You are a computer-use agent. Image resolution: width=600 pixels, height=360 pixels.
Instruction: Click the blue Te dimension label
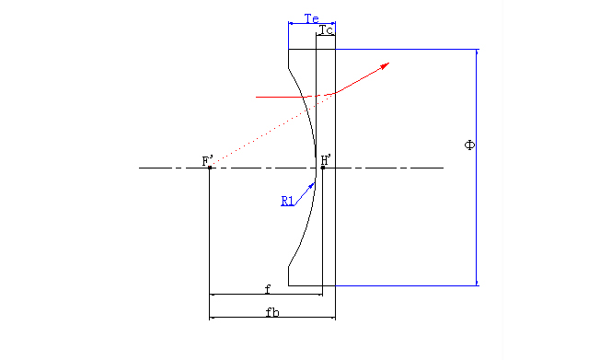pyautogui.click(x=311, y=18)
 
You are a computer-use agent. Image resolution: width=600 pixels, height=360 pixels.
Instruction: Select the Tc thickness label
pyautogui.click(x=326, y=29)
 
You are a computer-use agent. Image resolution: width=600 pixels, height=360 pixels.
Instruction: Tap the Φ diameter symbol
pyautogui.click(x=469, y=145)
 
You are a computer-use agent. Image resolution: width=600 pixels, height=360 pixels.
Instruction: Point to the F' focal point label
pyautogui.click(x=207, y=160)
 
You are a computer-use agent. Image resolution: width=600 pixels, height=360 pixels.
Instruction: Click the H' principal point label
pyautogui.click(x=326, y=159)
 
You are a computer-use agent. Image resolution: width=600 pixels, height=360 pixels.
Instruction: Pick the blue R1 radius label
pyautogui.click(x=287, y=201)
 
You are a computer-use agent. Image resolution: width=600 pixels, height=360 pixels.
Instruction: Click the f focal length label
pyautogui.click(x=268, y=289)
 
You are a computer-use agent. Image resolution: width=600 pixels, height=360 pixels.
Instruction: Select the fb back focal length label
pyautogui.click(x=272, y=312)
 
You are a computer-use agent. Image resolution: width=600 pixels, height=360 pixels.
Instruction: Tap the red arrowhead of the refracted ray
pyautogui.click(x=384, y=66)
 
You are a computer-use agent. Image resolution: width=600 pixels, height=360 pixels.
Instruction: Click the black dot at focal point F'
pyautogui.click(x=210, y=168)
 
